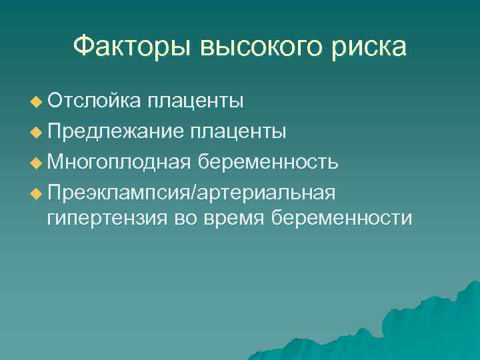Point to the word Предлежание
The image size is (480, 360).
point(115,131)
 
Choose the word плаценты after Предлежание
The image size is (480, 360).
point(239,131)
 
